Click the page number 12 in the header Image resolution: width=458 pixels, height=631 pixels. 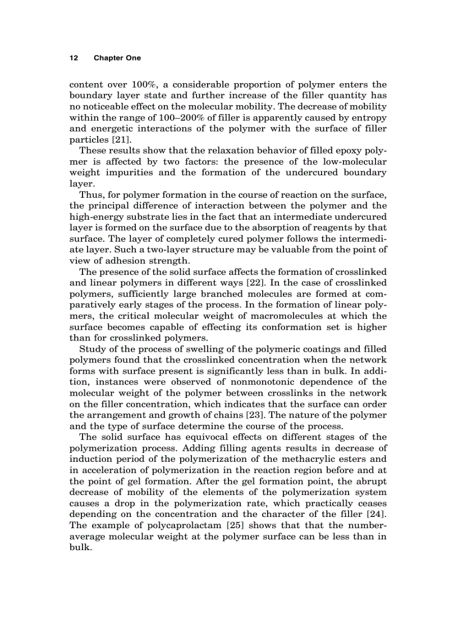pos(72,58)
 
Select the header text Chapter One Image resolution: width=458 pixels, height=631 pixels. pos(117,58)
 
